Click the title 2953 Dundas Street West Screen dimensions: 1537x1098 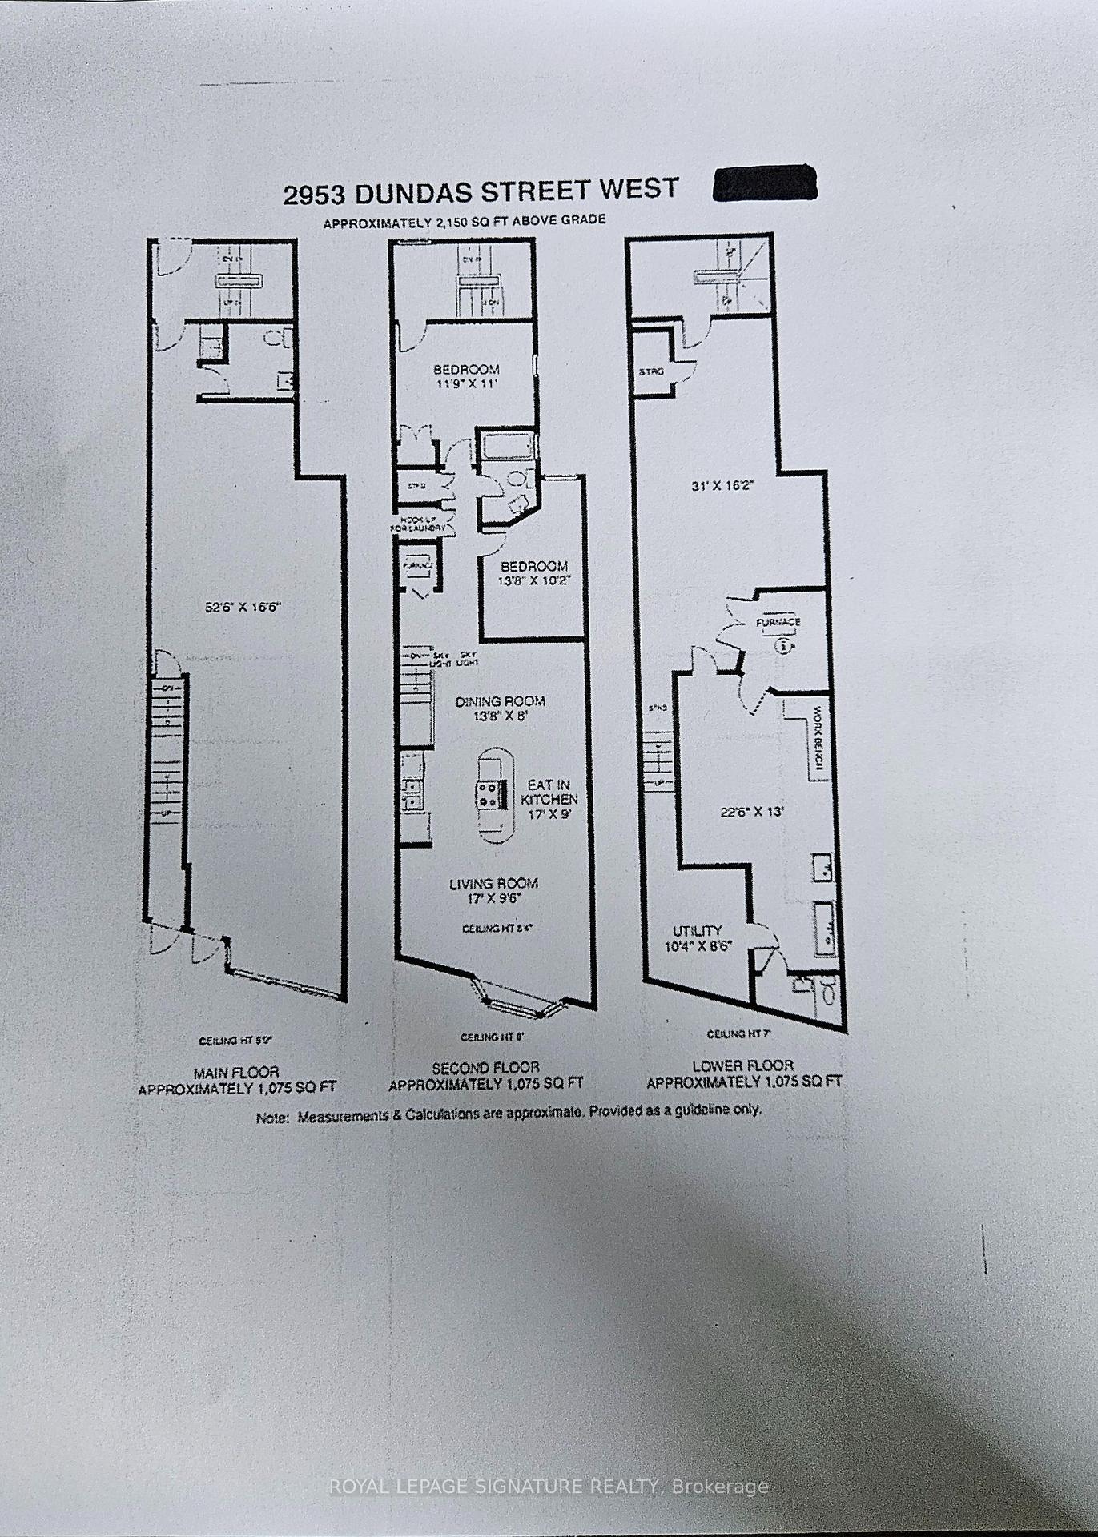[481, 191]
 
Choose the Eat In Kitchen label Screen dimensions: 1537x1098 [549, 799]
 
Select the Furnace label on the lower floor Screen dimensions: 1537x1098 [778, 622]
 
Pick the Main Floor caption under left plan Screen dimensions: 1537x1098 [236, 1079]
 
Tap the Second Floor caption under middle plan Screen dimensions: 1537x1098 [485, 1075]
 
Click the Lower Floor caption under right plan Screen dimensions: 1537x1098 [744, 1073]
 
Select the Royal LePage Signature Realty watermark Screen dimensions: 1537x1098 [549, 1487]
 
